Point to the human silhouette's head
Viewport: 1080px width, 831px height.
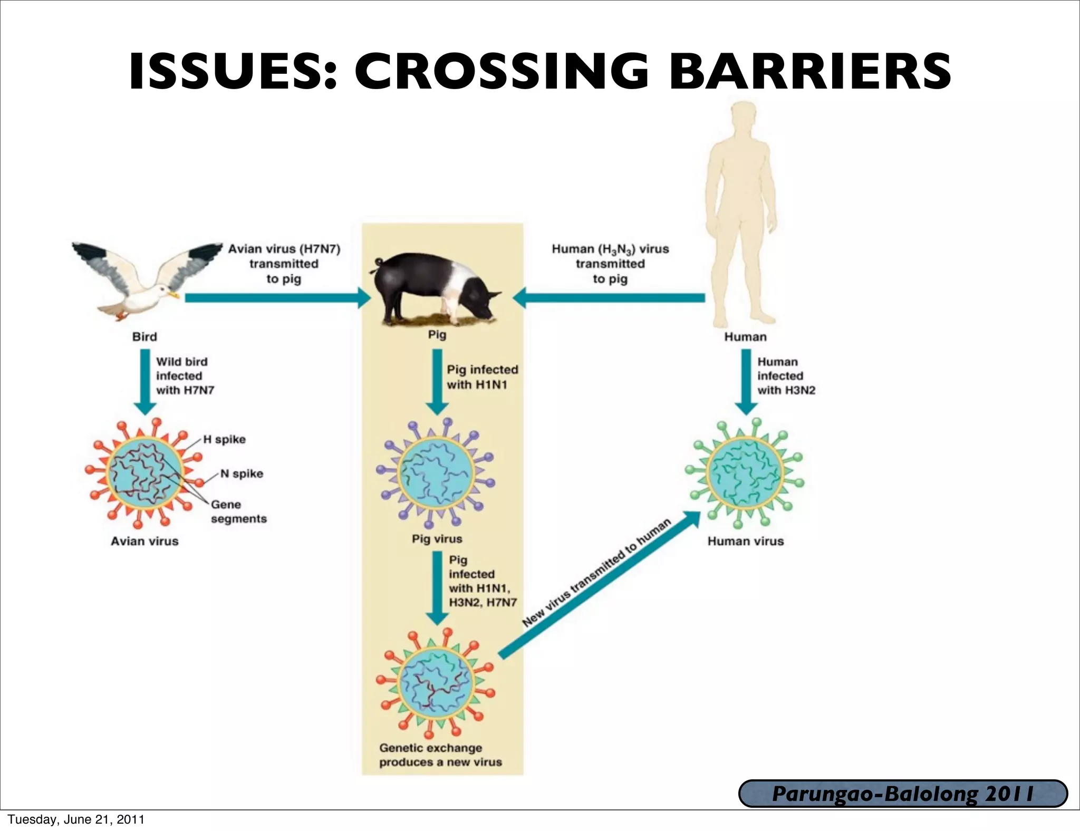743,117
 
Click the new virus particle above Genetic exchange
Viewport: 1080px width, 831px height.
436,683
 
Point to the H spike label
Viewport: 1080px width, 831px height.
225,440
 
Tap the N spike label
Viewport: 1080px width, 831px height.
242,474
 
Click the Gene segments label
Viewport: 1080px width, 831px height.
238,511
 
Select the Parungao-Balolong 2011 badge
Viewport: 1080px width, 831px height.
903,794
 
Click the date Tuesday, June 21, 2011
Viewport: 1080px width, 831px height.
76,819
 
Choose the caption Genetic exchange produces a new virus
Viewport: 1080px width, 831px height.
440,755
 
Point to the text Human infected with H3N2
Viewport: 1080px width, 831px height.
786,376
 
